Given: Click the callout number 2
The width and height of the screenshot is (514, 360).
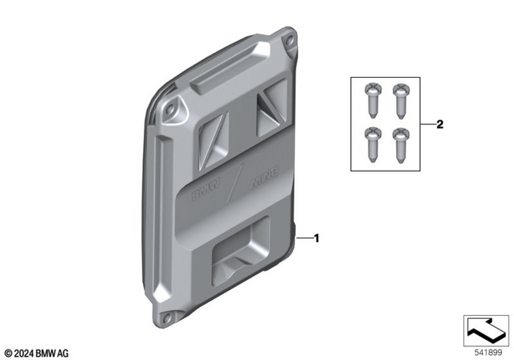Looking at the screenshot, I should click(439, 125).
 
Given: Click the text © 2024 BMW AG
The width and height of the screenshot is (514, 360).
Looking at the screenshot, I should click(36, 352).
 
